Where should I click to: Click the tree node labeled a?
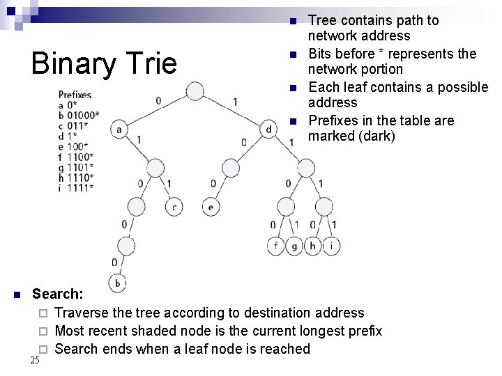pos(119,130)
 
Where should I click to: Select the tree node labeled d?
pos(269,130)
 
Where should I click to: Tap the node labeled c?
pos(174,207)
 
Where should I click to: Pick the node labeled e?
pos(211,207)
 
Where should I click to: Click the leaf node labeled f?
pos(277,246)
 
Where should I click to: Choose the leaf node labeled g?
pos(295,246)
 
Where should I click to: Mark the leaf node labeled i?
pos(332,246)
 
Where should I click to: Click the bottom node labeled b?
pos(119,283)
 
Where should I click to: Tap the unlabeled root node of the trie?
pos(195,91)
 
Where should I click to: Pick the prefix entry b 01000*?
pos(79,113)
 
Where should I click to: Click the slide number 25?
pos(35,360)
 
